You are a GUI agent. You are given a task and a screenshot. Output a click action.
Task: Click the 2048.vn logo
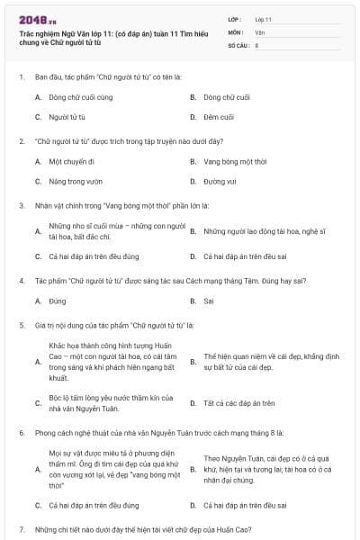[37, 19]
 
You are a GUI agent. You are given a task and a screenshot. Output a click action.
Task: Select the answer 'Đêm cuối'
[218, 117]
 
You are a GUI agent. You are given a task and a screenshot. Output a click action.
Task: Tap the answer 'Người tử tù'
[67, 117]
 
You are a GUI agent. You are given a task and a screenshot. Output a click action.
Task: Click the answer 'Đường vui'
[219, 182]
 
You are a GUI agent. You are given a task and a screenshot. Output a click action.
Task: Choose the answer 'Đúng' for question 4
[58, 301]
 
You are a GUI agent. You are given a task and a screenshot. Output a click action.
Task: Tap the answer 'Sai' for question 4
[209, 301]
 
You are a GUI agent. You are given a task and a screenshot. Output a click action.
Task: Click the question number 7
[22, 528]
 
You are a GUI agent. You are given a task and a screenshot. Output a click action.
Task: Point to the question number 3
[22, 205]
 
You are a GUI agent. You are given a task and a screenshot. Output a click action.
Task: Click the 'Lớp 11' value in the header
[263, 19]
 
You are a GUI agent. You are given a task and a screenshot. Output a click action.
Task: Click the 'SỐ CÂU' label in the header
[238, 44]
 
